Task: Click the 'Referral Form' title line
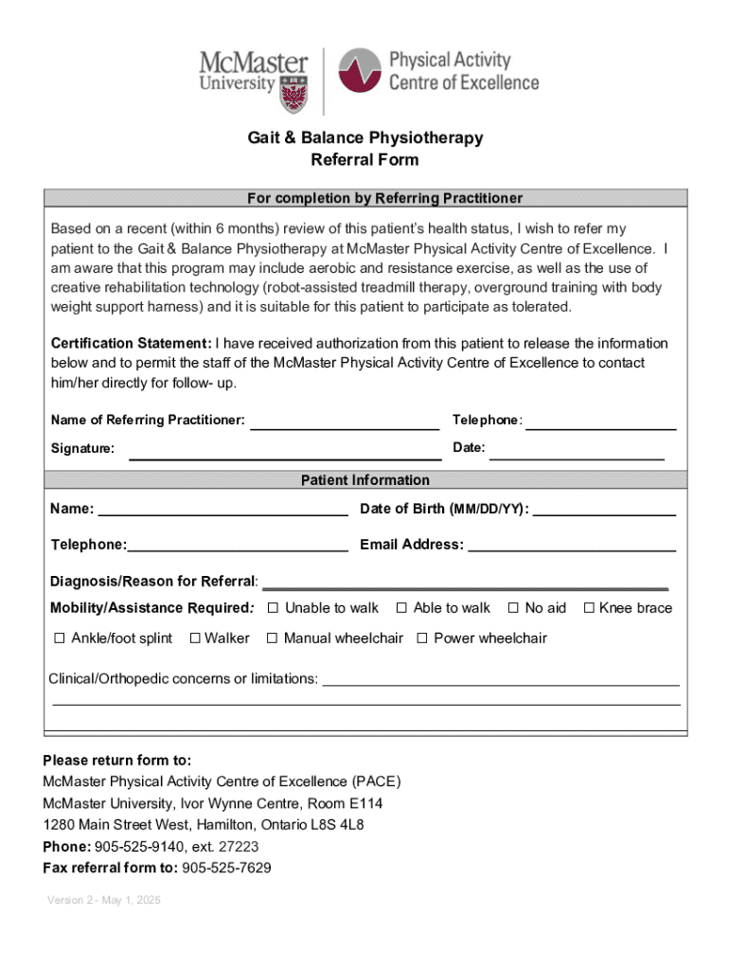364,160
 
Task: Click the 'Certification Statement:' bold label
131,343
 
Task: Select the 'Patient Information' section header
364,480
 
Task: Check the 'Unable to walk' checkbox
273,608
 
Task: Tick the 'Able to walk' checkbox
401,608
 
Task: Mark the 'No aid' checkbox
513,608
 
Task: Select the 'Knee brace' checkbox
588,608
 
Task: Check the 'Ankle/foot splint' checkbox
59,638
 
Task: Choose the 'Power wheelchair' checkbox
422,638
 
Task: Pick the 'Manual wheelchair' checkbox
272,638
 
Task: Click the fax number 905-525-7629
226,868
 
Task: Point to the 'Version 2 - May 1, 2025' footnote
104,900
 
